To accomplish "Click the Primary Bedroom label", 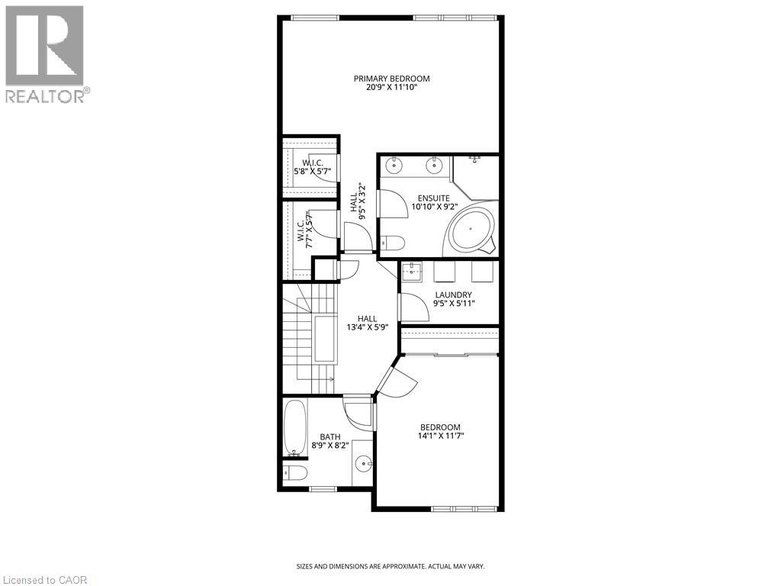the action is (x=391, y=79).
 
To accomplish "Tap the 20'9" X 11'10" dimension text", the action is (x=391, y=87).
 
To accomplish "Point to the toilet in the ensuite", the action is (x=393, y=242).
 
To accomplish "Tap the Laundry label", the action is (x=453, y=295).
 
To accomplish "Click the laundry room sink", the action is (x=411, y=272).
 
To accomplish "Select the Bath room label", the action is (x=330, y=437).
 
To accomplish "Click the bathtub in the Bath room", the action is (x=294, y=427).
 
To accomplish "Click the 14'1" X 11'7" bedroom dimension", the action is (x=440, y=436).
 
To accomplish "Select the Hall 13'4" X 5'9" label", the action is (x=367, y=323).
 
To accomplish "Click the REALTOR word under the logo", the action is (x=44, y=96).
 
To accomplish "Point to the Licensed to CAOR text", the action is (x=43, y=580).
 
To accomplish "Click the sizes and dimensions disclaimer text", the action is (x=390, y=567).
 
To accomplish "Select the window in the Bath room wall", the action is (x=323, y=489).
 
